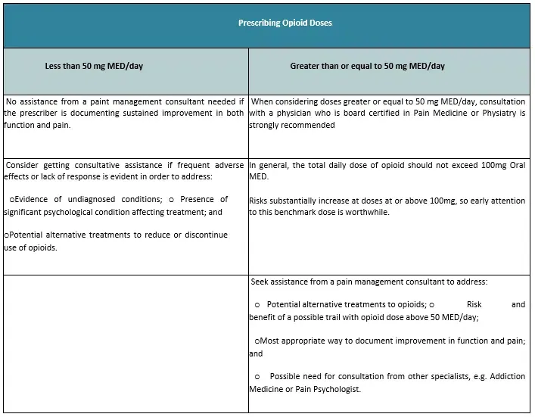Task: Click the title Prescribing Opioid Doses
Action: point(285,23)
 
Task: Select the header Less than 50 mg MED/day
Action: point(94,66)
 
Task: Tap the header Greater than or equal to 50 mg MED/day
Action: point(367,66)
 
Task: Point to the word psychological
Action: point(75,213)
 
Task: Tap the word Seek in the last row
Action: point(263,282)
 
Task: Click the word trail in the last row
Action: point(349,317)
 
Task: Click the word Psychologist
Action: point(338,390)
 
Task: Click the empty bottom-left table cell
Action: point(126,343)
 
